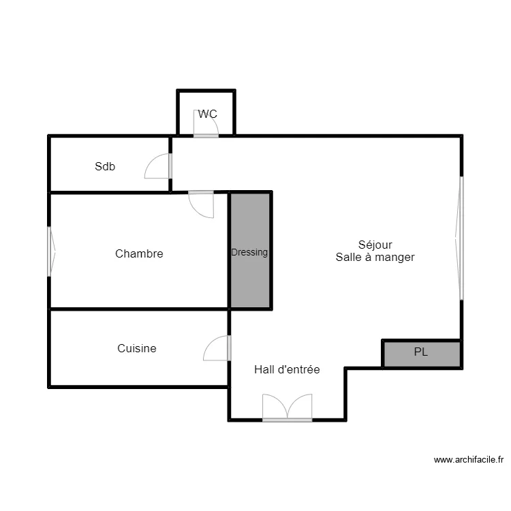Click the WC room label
tap(208, 114)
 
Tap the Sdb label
tap(105, 166)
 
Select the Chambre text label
tap(139, 253)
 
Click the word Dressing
tap(249, 252)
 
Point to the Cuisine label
tap(136, 348)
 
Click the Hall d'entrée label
tap(287, 369)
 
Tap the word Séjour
tap(375, 245)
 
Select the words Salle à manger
tap(375, 258)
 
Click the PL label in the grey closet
tap(422, 352)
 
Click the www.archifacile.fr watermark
tap(468, 460)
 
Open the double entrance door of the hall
tap(288, 408)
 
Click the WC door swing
tap(205, 124)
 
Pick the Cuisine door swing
tap(217, 348)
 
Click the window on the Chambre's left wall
tap(50, 251)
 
